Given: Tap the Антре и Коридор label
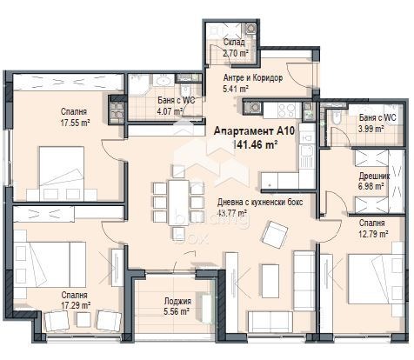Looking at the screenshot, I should pyautogui.click(x=253, y=78).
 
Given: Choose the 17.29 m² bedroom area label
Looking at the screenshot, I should pyautogui.click(x=73, y=305).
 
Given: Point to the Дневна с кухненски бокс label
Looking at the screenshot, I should pyautogui.click(x=258, y=202).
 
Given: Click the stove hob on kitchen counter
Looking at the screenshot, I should pyautogui.click(x=256, y=107).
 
